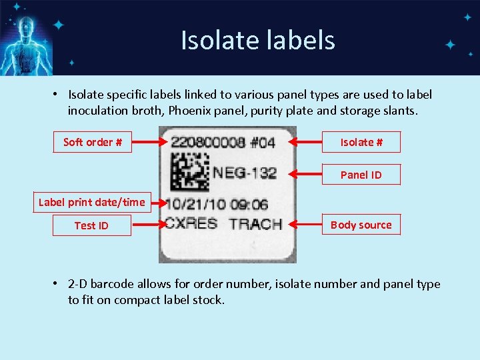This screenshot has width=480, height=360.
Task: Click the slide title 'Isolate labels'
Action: coord(257,41)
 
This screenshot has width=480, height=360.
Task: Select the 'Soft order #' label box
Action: coord(93,142)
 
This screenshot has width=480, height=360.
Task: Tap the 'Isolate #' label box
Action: coord(361,142)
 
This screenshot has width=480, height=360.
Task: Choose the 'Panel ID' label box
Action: coord(361,175)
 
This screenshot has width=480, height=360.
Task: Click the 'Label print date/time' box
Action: coord(91,202)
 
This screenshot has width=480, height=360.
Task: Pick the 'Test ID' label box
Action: coord(91,225)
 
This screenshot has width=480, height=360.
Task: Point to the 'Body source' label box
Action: coord(361,225)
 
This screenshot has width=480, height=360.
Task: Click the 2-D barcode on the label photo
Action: coord(189,171)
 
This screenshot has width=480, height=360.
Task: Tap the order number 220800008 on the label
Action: coord(204,143)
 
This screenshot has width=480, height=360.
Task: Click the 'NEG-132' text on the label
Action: coord(245,173)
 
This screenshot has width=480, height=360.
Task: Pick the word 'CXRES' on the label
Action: coord(191,223)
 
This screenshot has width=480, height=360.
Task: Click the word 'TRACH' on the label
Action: coord(255,224)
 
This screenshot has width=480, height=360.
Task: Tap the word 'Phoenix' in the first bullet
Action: coord(184,111)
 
